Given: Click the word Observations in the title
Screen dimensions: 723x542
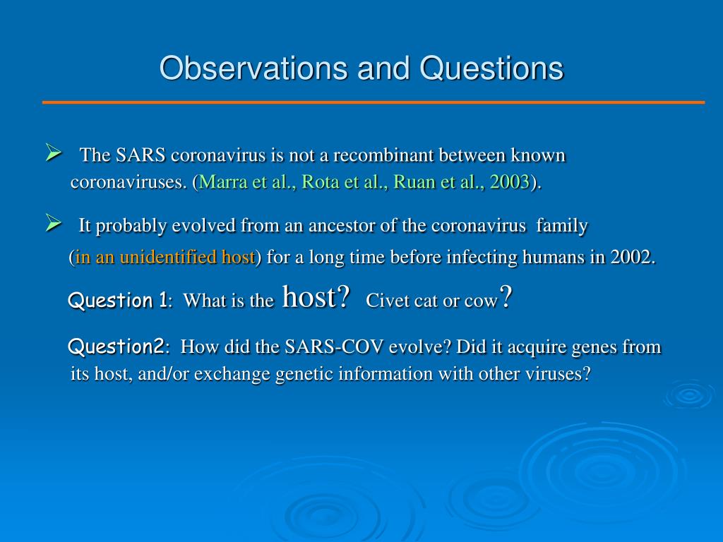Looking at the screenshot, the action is coord(254,68).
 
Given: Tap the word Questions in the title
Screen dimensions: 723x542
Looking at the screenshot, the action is coord(491,68).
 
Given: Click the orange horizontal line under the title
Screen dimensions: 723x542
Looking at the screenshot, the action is coord(374,102).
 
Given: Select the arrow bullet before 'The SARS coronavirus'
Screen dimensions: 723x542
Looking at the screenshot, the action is coord(54,152).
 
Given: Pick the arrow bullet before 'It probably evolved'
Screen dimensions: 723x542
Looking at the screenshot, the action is coord(54,224).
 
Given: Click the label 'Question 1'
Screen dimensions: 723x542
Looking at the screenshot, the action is coord(118,301).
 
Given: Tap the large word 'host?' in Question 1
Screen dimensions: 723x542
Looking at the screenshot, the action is coord(316,296).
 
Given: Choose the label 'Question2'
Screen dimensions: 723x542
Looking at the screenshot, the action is coord(116,346).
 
